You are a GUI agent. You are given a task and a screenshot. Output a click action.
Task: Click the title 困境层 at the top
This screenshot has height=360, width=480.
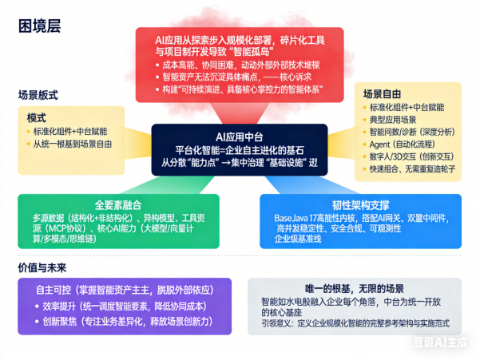[x=39, y=26]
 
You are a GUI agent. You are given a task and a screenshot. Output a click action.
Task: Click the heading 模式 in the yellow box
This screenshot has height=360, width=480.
[x=36, y=117]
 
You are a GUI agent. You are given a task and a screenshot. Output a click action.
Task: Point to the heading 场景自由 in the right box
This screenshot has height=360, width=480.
[x=384, y=93]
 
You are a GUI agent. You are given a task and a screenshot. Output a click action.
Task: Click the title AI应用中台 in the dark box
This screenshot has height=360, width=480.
[x=239, y=136]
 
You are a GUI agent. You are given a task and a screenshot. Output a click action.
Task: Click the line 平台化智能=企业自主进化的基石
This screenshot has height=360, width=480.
[x=240, y=149]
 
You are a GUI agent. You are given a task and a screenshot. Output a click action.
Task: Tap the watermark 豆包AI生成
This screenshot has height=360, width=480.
[x=446, y=343]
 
